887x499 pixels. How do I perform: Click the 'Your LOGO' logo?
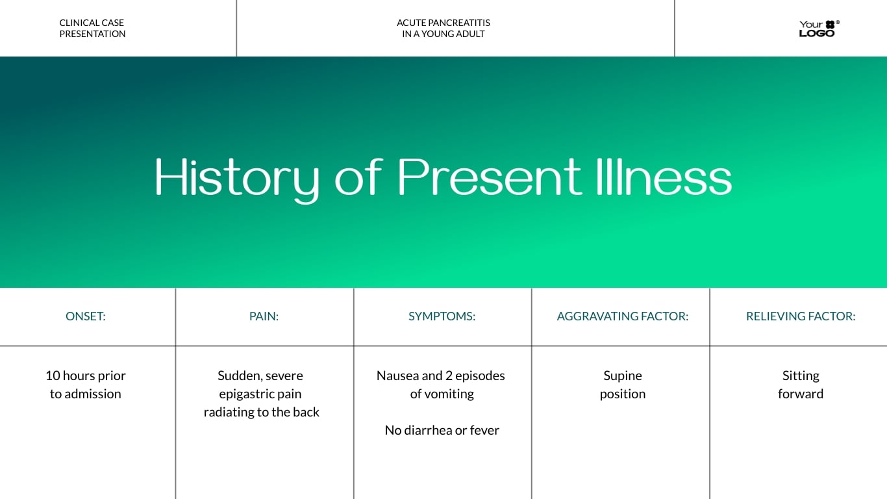pyautogui.click(x=818, y=29)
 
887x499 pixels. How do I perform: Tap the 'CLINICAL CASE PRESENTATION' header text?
pyautogui.click(x=92, y=29)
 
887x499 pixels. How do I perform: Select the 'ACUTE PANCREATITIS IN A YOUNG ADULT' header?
pyautogui.click(x=443, y=29)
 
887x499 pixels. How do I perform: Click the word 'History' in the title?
pyautogui.click(x=236, y=177)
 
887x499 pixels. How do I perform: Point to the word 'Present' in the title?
pyautogui.click(x=489, y=177)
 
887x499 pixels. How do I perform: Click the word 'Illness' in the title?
pyautogui.click(x=663, y=177)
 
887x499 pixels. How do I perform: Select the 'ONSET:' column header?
pyautogui.click(x=86, y=316)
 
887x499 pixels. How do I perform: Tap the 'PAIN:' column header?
pyautogui.click(x=264, y=316)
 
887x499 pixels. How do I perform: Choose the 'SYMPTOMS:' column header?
pyautogui.click(x=442, y=316)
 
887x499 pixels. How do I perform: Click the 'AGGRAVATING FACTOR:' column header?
pyautogui.click(x=622, y=316)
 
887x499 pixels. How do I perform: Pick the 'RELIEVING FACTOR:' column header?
pyautogui.click(x=801, y=316)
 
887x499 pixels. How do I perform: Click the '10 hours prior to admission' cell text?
pyautogui.click(x=86, y=385)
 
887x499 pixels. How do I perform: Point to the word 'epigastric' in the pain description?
pyautogui.click(x=245, y=394)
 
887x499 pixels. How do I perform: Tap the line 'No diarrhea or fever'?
pyautogui.click(x=442, y=430)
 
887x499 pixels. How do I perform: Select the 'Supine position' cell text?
pyautogui.click(x=622, y=385)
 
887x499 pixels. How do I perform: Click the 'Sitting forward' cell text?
pyautogui.click(x=801, y=385)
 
